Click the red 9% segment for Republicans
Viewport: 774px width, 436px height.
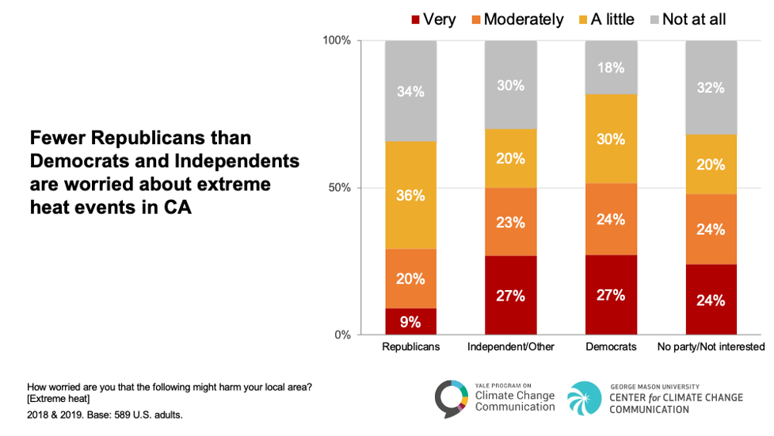410,321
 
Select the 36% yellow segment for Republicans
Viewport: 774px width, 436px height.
410,195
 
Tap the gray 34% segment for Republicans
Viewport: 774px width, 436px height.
410,91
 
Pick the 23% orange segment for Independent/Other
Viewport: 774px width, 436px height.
511,222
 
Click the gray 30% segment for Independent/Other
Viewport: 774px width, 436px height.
511,85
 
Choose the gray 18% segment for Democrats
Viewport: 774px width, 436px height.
611,67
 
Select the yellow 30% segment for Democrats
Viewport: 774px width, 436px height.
611,139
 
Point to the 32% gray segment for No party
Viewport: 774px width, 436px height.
711,87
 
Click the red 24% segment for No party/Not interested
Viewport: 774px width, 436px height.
711,300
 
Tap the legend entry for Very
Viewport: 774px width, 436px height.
433,19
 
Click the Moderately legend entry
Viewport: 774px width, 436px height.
515,19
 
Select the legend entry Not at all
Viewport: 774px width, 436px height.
686,19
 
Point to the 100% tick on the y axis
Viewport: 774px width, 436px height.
338,40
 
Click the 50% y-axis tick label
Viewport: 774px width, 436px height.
341,188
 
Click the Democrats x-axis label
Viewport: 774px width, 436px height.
611,347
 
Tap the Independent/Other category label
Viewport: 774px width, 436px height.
511,347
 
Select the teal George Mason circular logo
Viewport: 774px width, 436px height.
585,399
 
